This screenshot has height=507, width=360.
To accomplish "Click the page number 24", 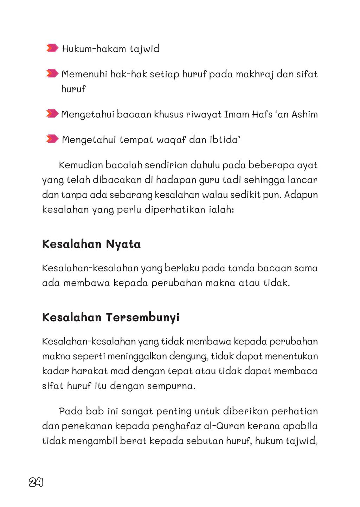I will [x=36, y=482].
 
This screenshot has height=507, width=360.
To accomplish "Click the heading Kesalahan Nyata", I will [x=91, y=244].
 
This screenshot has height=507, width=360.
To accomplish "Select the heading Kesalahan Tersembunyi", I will [x=111, y=317].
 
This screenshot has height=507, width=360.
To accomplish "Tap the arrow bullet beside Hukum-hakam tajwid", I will [x=52, y=48].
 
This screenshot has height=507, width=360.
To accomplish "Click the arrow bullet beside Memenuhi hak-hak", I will [x=52, y=73].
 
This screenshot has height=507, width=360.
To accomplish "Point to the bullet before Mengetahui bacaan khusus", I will [x=52, y=114].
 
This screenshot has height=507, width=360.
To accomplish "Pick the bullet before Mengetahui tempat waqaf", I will [x=52, y=139].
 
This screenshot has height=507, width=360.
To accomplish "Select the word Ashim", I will [x=304, y=114].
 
